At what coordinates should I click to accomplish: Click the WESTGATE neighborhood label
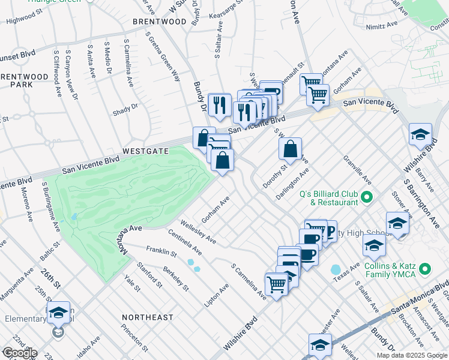click(145, 152)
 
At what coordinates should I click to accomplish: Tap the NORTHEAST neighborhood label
click(147, 317)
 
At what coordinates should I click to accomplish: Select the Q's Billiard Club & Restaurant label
click(328, 198)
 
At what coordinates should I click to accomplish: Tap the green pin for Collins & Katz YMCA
click(426, 269)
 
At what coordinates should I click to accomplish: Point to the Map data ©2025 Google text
click(411, 355)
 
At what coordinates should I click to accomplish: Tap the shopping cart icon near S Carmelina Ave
click(277, 283)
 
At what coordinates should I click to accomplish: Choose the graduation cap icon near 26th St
click(58, 313)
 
